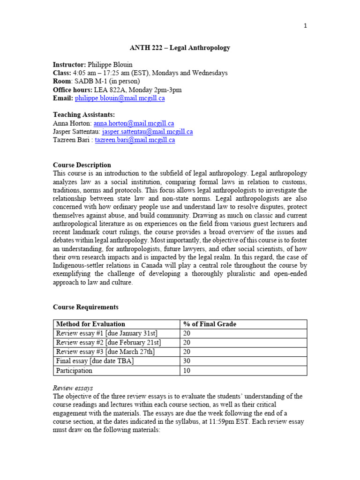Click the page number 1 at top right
point(305,26)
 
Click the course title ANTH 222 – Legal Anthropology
point(180,48)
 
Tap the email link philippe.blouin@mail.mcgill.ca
point(120,98)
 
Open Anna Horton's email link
point(134,123)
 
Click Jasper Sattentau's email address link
point(147,132)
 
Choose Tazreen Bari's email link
point(135,140)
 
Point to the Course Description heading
point(82,165)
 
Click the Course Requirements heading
point(86,307)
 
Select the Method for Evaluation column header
point(90,324)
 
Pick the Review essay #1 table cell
point(106,333)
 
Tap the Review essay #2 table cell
point(108,343)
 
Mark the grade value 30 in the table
point(187,361)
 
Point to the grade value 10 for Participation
point(187,371)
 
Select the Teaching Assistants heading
point(84,115)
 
